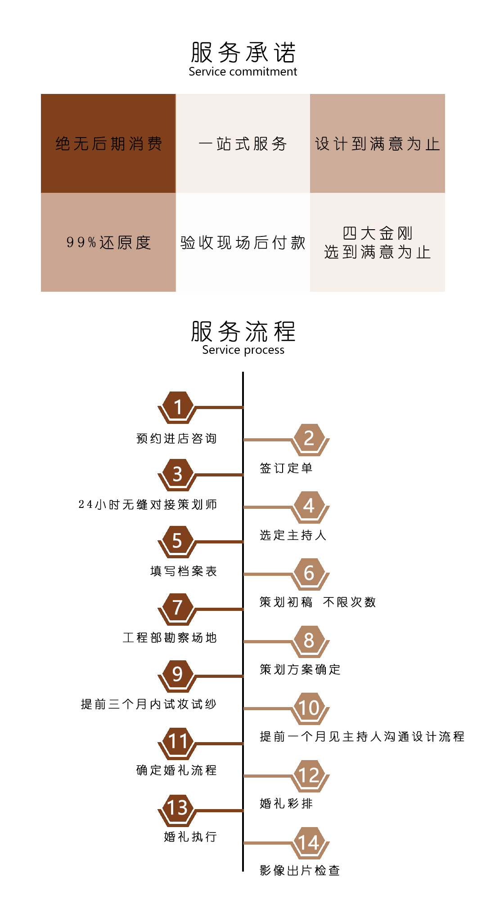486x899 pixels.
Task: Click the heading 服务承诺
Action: click(x=243, y=52)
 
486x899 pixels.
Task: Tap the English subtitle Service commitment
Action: click(x=243, y=71)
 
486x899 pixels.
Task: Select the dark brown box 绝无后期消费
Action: click(x=108, y=143)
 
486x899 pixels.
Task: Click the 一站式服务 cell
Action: click(x=243, y=143)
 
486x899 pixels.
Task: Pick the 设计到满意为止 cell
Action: click(x=378, y=143)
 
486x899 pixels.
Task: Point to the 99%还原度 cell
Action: click(x=108, y=242)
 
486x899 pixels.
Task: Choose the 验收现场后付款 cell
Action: click(x=243, y=242)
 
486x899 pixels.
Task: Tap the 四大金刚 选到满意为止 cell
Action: click(x=378, y=242)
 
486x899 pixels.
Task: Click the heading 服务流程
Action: click(x=243, y=331)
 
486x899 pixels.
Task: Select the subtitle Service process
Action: click(x=243, y=350)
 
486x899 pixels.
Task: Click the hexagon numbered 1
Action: click(x=177, y=407)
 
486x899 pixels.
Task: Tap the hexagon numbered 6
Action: click(x=309, y=573)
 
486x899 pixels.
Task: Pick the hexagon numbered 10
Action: click(x=309, y=708)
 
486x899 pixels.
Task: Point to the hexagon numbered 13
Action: click(x=177, y=808)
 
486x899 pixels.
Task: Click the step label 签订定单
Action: click(x=286, y=468)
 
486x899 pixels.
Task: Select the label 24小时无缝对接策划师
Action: click(x=148, y=504)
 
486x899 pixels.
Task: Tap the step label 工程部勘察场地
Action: click(x=170, y=637)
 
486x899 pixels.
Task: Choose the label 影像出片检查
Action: click(x=300, y=870)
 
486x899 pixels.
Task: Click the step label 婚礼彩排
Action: click(x=286, y=803)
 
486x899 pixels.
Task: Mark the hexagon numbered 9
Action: click(x=177, y=674)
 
